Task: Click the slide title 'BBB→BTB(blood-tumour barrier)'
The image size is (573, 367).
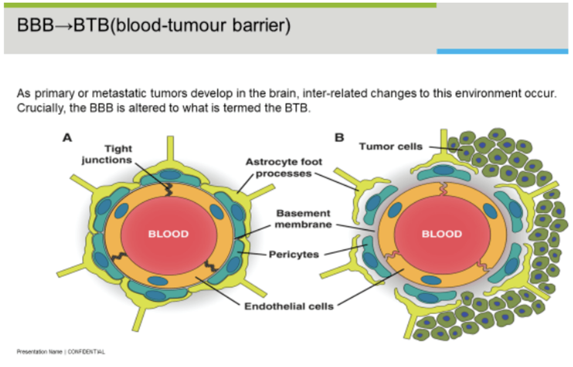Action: click(154, 26)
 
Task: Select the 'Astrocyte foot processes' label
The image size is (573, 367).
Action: click(284, 168)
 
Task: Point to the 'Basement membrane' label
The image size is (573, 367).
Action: click(303, 218)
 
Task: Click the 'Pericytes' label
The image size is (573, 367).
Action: click(294, 254)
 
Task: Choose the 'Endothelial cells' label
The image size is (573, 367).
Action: click(289, 306)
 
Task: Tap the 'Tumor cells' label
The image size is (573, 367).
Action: click(391, 146)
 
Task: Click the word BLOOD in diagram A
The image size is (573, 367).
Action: click(168, 234)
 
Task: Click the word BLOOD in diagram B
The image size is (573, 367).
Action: click(441, 234)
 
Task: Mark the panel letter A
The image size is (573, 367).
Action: click(67, 138)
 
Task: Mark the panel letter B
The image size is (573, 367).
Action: click(339, 138)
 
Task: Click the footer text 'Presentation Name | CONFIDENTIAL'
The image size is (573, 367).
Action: click(61, 352)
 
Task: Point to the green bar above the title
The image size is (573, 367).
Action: click(220, 5)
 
